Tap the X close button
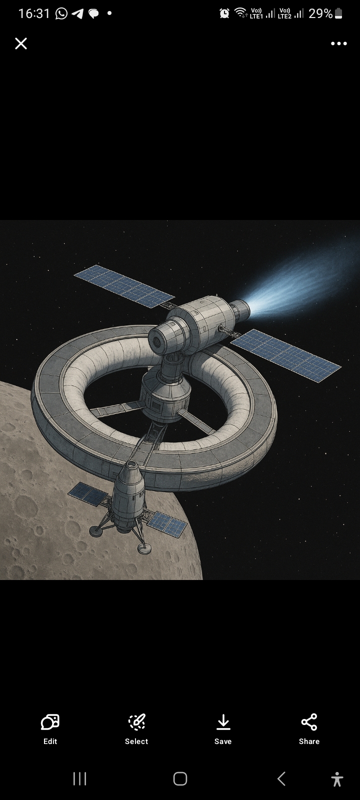point(21,43)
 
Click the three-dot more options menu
point(338,43)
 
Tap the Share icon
point(309,722)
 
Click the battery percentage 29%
point(320,13)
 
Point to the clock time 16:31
point(34,13)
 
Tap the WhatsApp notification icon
point(61,13)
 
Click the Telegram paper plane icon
point(77,13)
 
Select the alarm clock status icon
point(224,13)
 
